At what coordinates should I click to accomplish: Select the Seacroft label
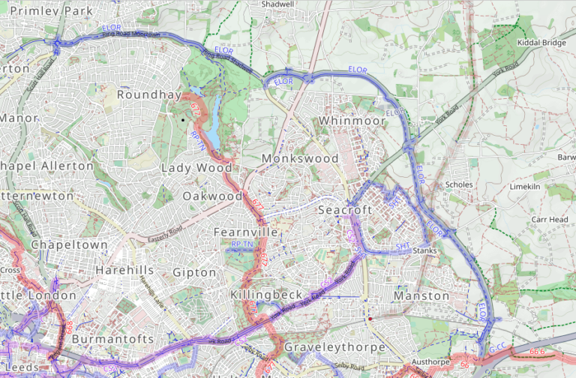(345, 210)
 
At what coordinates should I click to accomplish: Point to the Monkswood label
(300, 159)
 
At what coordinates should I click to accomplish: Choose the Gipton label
(194, 272)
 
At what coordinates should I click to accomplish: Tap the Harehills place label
(124, 269)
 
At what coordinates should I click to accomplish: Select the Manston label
(421, 296)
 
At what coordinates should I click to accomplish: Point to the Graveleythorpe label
(334, 348)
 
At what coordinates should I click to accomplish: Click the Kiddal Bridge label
(541, 43)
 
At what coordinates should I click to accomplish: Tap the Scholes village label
(459, 184)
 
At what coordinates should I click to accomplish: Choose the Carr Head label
(550, 220)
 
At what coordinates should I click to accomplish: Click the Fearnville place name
(246, 232)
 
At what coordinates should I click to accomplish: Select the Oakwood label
(212, 196)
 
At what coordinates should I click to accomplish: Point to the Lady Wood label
(196, 168)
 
